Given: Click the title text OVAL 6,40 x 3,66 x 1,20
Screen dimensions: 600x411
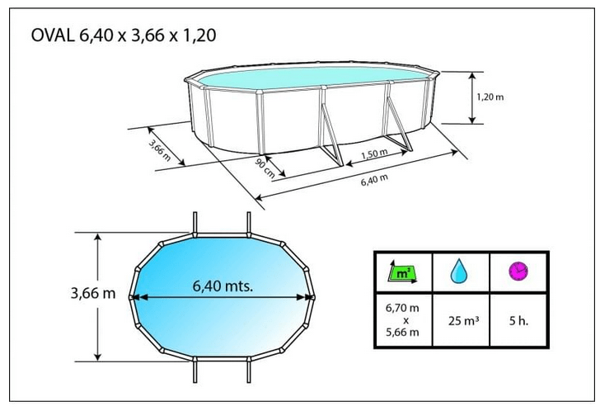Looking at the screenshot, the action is (x=124, y=35).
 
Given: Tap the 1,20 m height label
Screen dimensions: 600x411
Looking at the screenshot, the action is (x=490, y=97).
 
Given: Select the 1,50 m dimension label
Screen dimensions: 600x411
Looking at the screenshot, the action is (x=374, y=154).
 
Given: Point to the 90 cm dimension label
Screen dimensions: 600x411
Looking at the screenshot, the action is (x=265, y=168).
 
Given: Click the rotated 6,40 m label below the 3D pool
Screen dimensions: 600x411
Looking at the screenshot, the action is (x=374, y=180).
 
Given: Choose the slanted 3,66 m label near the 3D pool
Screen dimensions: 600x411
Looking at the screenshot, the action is (x=160, y=150).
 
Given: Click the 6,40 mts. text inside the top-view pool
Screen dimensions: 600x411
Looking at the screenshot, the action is (x=223, y=286).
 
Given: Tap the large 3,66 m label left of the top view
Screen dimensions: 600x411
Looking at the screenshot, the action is (x=93, y=294).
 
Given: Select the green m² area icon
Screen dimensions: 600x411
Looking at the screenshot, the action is (x=402, y=272).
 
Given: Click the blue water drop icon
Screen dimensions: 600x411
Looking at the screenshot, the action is (x=459, y=271).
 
